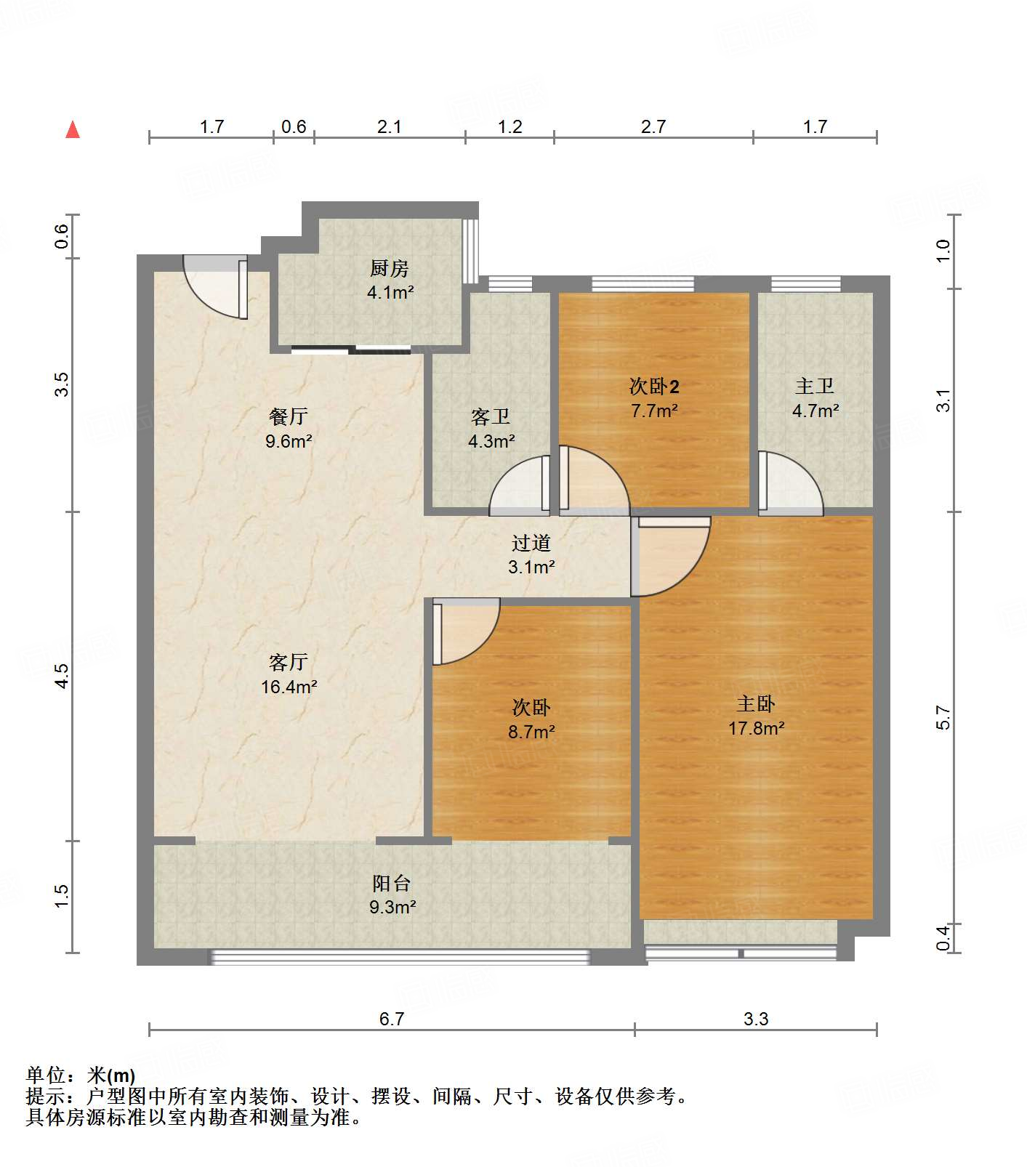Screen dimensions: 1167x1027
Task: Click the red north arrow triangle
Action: tap(73, 130)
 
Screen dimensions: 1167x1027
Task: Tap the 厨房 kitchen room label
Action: tap(390, 280)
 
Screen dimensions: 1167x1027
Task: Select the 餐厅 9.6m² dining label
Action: tap(289, 428)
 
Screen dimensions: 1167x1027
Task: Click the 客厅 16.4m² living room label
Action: tap(289, 674)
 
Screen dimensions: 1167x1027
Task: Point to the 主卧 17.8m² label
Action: tap(756, 715)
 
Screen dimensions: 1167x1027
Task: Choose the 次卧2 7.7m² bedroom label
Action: tap(654, 397)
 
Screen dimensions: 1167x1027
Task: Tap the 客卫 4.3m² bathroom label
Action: tap(491, 428)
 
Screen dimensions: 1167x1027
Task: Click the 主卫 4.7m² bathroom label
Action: tap(815, 397)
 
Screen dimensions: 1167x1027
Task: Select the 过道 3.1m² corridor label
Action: tap(531, 554)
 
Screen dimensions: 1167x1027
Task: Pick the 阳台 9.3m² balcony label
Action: tap(392, 895)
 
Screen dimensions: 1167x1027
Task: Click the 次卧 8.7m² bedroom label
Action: tap(531, 719)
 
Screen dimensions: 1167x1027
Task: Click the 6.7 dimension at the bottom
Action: tap(391, 1019)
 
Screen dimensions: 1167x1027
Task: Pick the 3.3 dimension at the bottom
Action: tap(755, 1019)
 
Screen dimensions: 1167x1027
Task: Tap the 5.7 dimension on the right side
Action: tap(943, 717)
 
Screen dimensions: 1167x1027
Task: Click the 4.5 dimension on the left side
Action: tap(63, 676)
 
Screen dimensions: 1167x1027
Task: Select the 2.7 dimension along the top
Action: tap(653, 127)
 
